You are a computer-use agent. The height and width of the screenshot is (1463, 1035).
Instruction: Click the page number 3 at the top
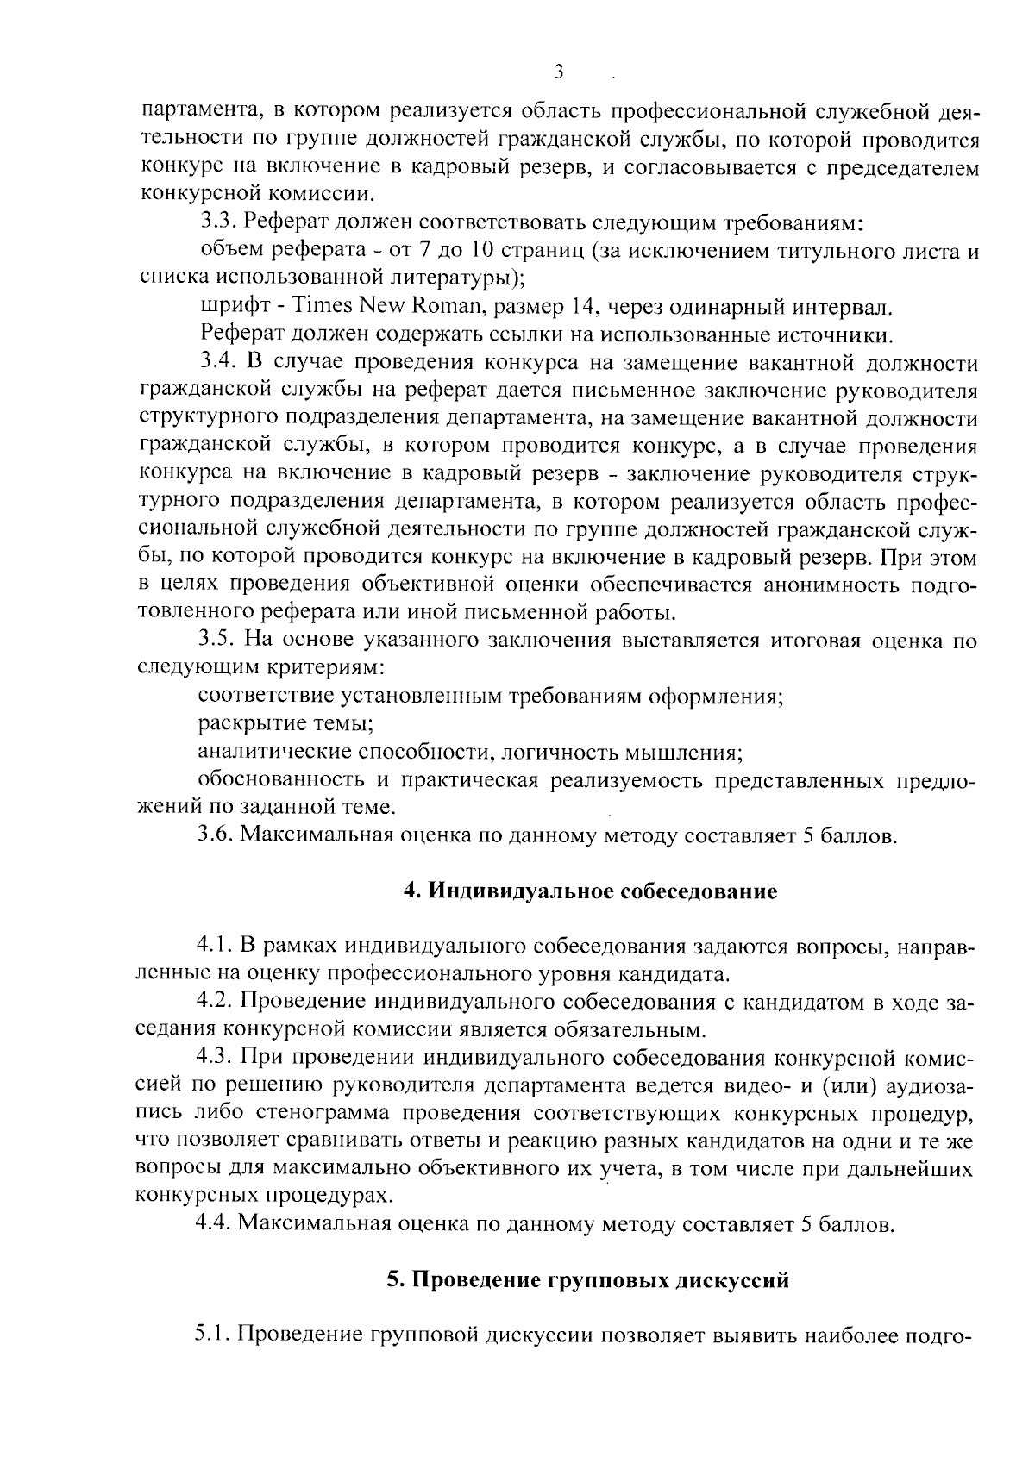pos(558,72)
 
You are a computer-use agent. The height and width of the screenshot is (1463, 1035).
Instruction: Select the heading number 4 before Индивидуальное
pos(411,891)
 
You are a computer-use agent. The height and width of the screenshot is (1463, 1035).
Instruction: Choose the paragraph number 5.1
pos(213,1335)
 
